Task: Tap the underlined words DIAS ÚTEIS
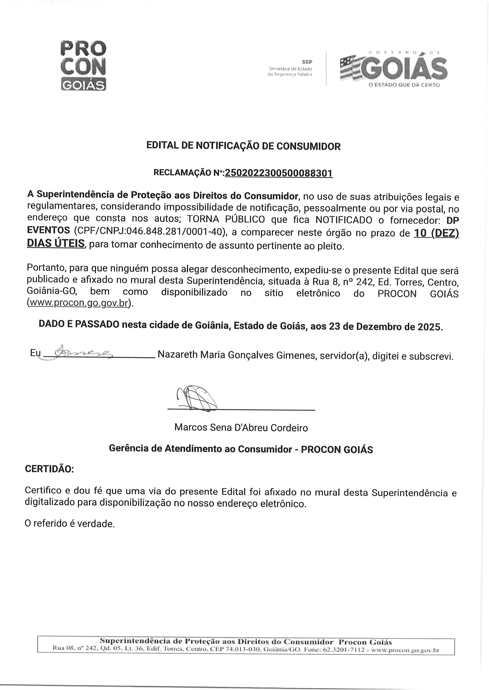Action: point(56,244)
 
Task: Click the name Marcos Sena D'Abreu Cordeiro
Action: point(241,428)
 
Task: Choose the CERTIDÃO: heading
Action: point(49,469)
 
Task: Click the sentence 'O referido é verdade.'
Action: point(70,524)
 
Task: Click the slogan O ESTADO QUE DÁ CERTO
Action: point(404,85)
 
